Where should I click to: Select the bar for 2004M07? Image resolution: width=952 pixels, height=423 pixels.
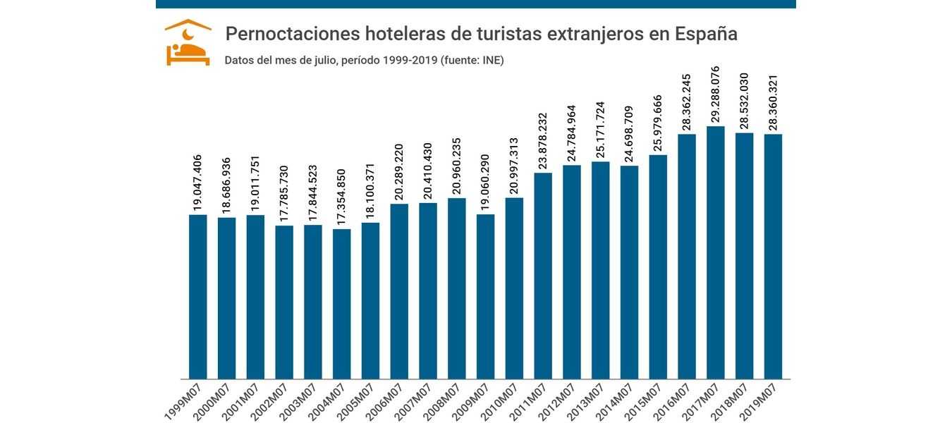pyautogui.click(x=342, y=304)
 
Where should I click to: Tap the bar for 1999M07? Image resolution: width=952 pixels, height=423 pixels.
pyautogui.click(x=198, y=297)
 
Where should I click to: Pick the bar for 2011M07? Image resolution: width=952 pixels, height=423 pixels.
pyautogui.click(x=543, y=276)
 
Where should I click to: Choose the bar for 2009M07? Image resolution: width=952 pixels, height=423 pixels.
pyautogui.click(x=486, y=297)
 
